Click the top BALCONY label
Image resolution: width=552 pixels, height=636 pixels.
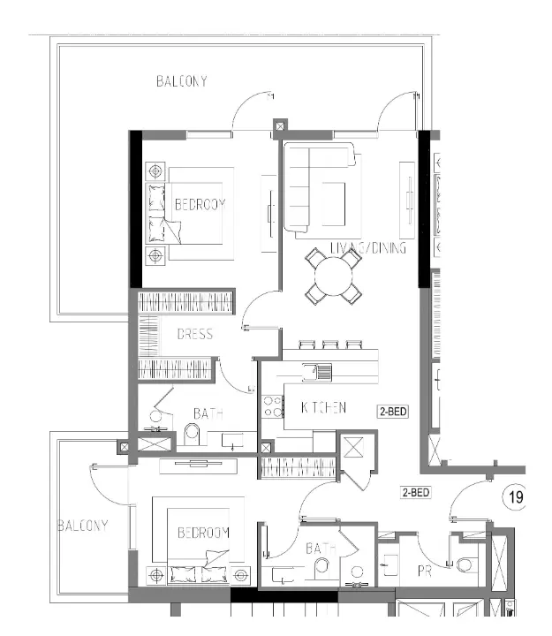coord(181,81)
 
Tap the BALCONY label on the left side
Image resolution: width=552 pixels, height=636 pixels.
coord(82,526)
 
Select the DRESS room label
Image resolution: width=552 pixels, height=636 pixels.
coord(194,335)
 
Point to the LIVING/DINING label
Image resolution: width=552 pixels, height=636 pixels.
coord(367,248)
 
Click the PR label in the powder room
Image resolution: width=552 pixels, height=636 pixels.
coord(426,572)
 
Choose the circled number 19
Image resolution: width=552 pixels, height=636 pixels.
coord(515,498)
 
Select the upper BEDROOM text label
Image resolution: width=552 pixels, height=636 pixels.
coord(200,204)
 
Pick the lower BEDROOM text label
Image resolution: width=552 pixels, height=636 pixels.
coord(203,533)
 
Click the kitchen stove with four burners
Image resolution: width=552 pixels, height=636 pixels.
coord(272,406)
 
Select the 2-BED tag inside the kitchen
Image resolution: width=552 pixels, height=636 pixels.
coord(393,412)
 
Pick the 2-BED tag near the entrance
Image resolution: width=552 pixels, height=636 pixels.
coord(415,491)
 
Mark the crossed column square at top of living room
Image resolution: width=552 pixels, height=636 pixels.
coord(280,126)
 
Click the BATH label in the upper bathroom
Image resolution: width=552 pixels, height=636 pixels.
coord(208,413)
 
